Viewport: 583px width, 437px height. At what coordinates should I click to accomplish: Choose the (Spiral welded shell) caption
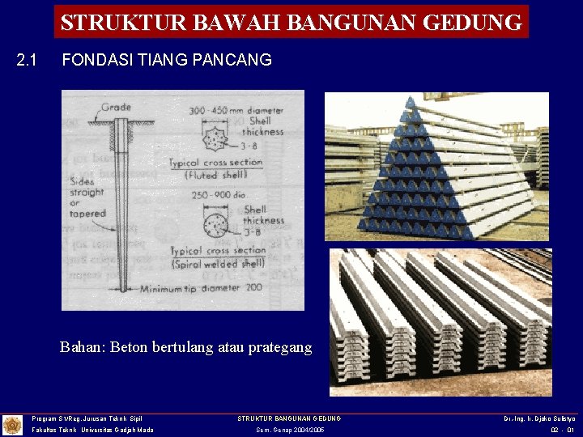[217, 264]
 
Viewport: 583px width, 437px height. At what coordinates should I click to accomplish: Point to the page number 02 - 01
[561, 431]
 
